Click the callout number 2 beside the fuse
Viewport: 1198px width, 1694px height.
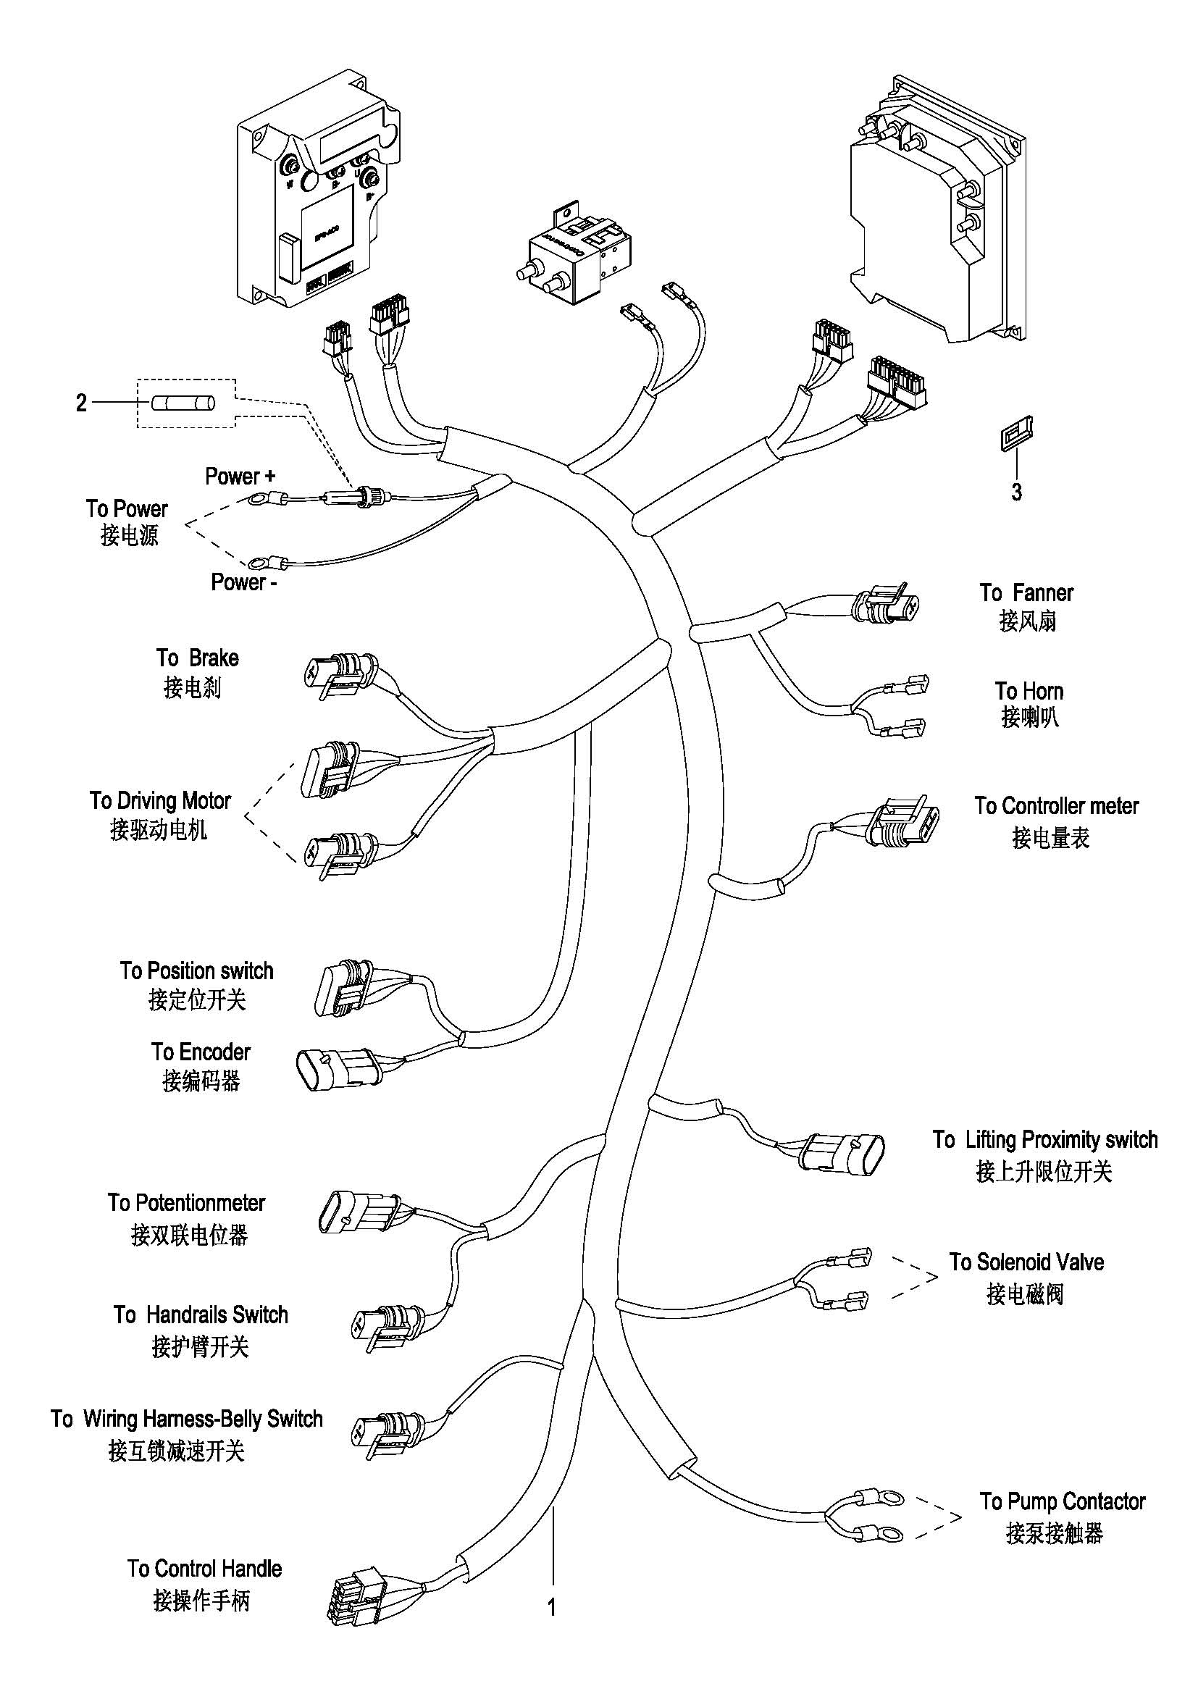pos(81,403)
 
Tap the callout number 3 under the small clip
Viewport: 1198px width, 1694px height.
pos(1016,492)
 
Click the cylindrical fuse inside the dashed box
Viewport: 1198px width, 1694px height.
pos(183,403)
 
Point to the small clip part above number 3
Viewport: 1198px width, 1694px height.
pos(1015,434)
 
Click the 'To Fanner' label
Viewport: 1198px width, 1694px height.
pos(1026,593)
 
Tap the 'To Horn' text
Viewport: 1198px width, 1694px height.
pos(1029,692)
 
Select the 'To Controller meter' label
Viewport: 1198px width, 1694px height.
pos(1055,805)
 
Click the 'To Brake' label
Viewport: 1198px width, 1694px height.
pos(197,658)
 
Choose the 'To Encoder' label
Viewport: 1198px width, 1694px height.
pos(201,1052)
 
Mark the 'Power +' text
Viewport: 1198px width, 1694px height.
pos(240,477)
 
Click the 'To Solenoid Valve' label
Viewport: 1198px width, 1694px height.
pos(1026,1262)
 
